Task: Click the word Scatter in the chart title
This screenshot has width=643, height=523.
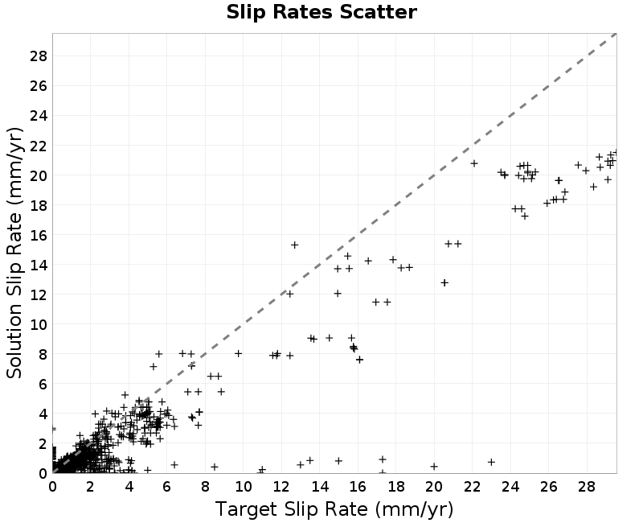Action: (x=378, y=12)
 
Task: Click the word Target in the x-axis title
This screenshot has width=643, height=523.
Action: (x=246, y=509)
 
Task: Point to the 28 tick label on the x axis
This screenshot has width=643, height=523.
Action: (x=587, y=487)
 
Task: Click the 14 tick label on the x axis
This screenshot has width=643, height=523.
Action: (x=319, y=487)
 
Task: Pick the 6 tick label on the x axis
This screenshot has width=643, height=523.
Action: (x=167, y=487)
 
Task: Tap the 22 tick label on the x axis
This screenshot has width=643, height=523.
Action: (x=472, y=487)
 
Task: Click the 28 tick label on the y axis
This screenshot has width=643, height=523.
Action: (x=39, y=56)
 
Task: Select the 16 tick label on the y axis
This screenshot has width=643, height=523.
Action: (x=39, y=235)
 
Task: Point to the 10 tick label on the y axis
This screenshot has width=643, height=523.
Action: (x=39, y=324)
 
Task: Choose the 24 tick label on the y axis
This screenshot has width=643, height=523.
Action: (x=39, y=116)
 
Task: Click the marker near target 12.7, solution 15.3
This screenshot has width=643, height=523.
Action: (x=294, y=245)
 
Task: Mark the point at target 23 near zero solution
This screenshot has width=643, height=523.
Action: (x=491, y=462)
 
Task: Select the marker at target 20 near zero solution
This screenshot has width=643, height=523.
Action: (x=434, y=467)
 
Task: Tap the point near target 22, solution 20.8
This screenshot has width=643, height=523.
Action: (x=474, y=163)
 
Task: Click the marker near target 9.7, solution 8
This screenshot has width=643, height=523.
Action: (x=238, y=353)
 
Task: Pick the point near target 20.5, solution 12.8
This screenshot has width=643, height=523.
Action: (x=444, y=282)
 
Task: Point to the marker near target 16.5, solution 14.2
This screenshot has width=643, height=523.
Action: (x=368, y=261)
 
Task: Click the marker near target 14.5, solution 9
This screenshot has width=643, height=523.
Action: (x=329, y=338)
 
